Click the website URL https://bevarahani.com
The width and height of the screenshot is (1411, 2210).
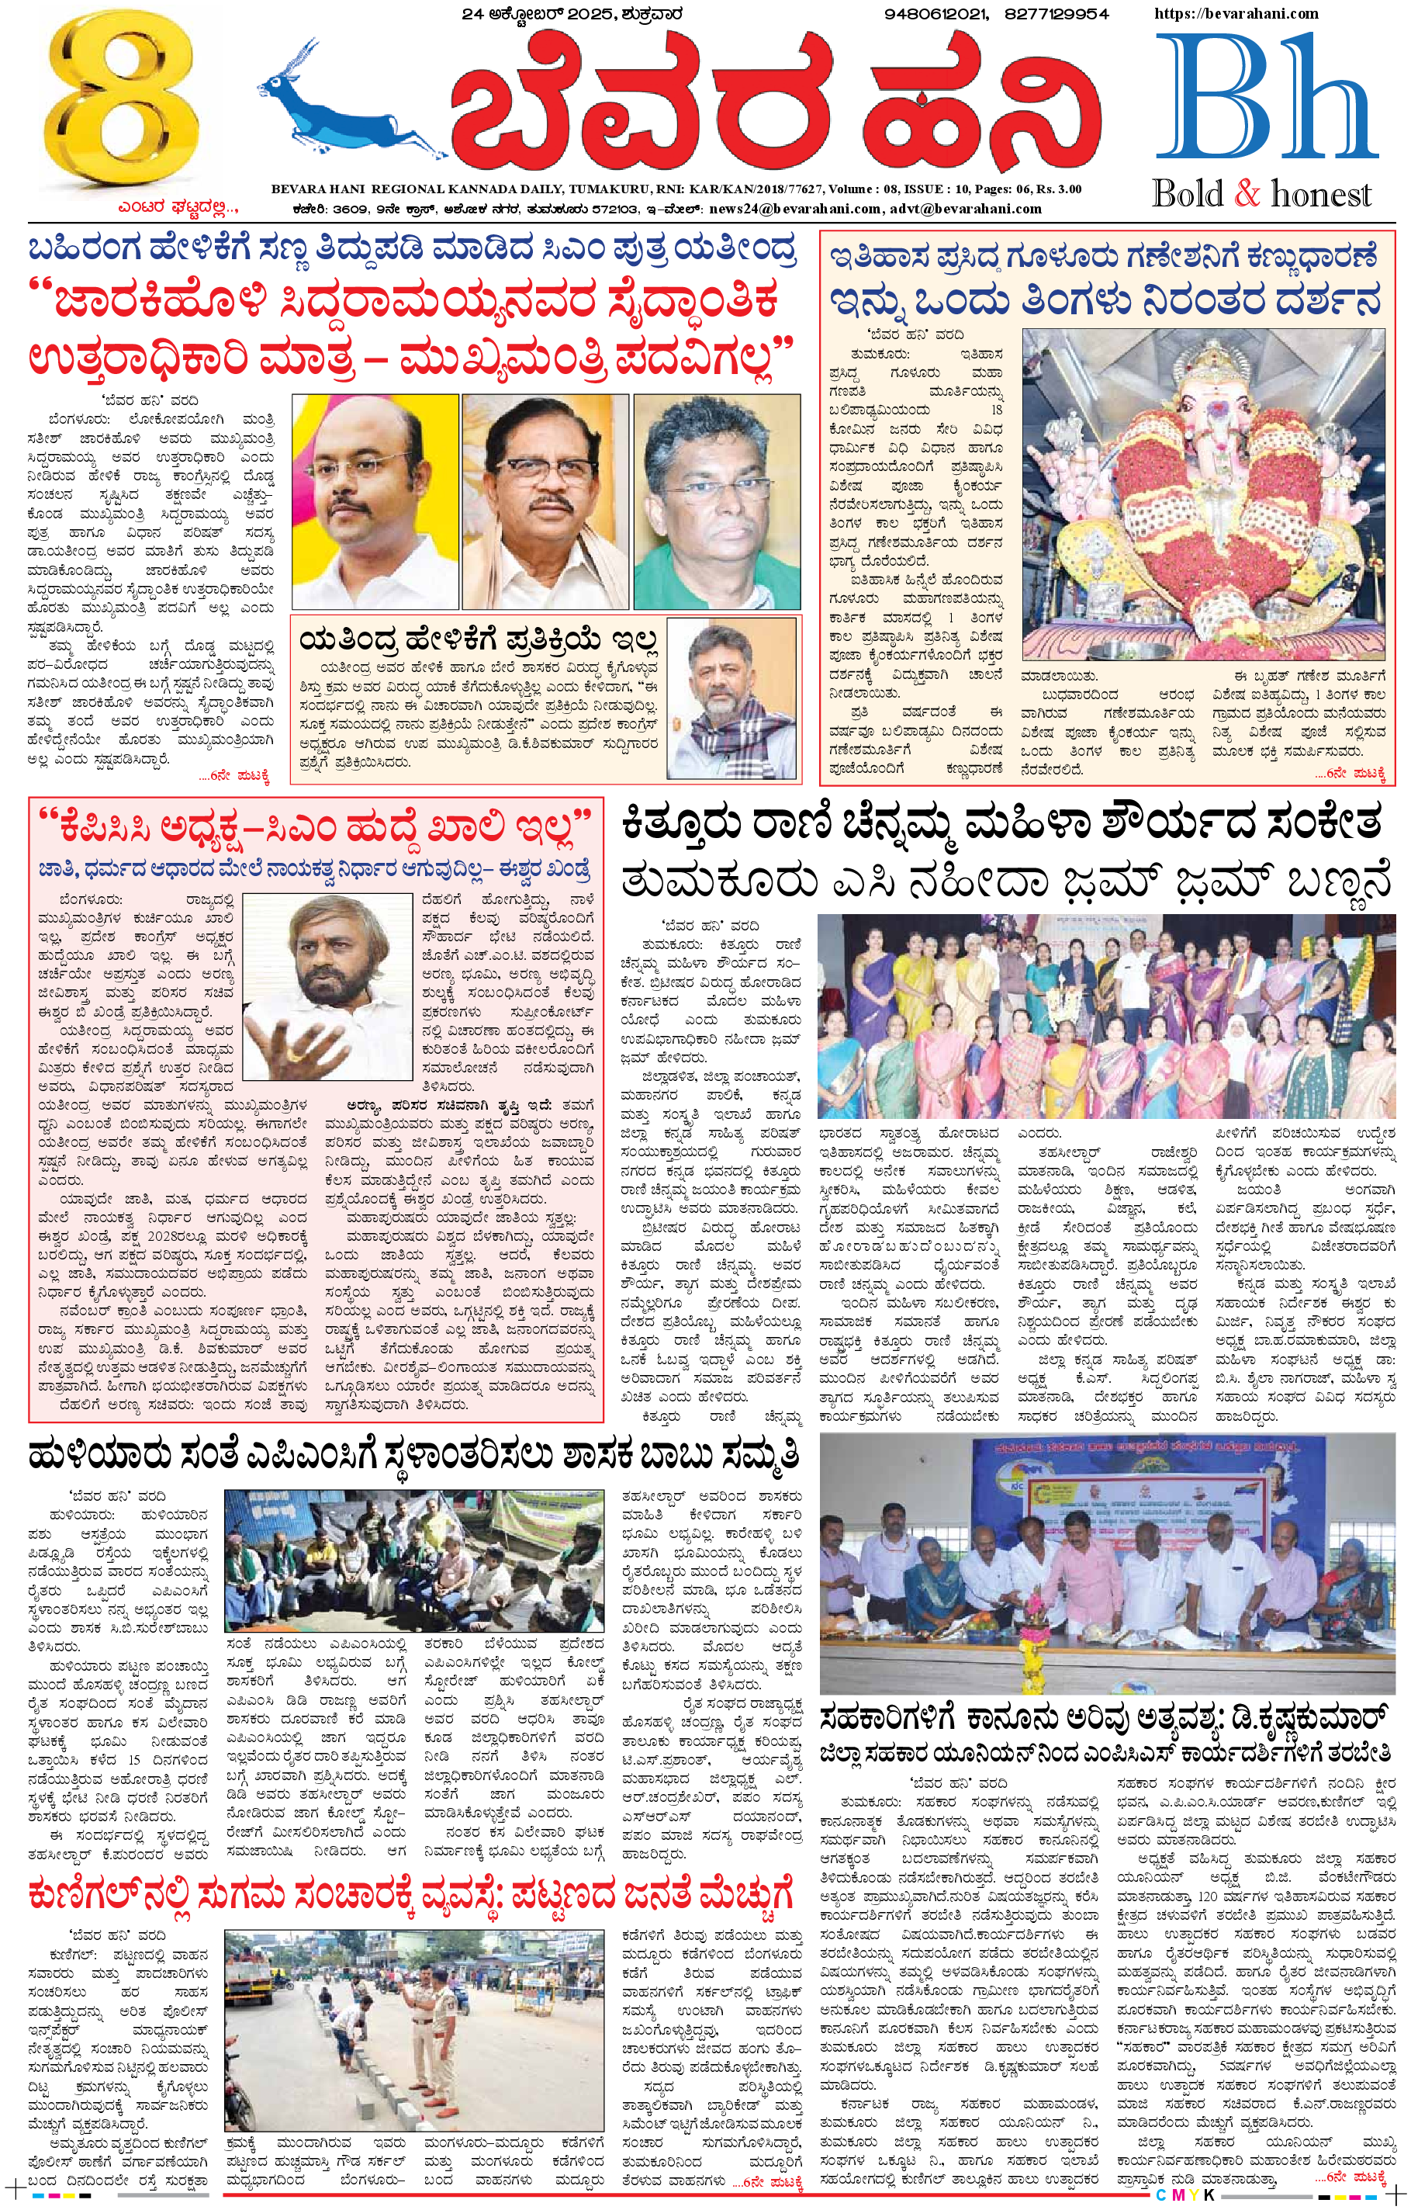pyautogui.click(x=1236, y=14)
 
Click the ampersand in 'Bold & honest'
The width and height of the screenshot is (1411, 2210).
pyautogui.click(x=1247, y=195)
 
